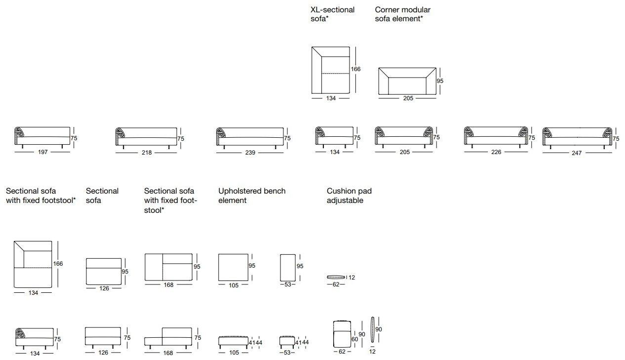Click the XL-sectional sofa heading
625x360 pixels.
point(332,14)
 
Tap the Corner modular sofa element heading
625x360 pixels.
point(402,14)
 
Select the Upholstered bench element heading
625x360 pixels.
point(252,196)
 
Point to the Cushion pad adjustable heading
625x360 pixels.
point(349,196)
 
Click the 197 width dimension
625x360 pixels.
point(42,152)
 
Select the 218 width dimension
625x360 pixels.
point(147,153)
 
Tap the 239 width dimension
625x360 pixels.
point(250,153)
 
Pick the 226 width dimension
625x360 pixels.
point(496,152)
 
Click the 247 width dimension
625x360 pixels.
point(577,153)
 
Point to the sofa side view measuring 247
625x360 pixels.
point(577,137)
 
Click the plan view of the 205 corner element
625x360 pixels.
point(407,81)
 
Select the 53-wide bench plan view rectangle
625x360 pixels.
point(288,267)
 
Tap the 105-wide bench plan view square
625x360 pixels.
point(234,267)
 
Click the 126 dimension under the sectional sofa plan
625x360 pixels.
point(104,288)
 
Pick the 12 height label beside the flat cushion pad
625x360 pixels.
point(352,278)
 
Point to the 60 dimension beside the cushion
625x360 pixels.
point(354,339)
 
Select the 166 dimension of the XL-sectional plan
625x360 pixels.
point(355,69)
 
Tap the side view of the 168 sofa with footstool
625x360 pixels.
point(168,337)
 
